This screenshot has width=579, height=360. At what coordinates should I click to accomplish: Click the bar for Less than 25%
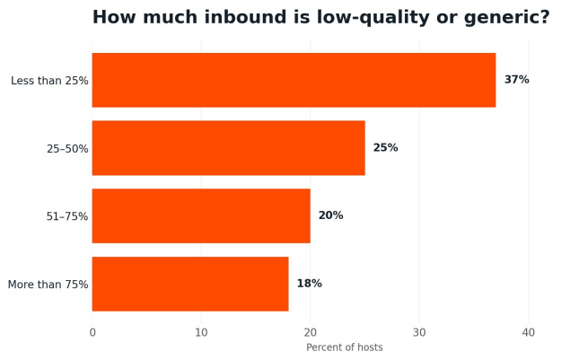click(294, 80)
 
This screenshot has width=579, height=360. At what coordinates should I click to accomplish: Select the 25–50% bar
click(229, 148)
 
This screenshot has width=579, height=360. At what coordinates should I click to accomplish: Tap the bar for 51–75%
click(201, 216)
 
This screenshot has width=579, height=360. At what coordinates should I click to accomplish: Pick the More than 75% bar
click(190, 284)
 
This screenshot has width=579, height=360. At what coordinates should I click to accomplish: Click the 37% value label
click(516, 80)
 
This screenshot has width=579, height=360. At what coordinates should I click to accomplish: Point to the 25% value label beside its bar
click(385, 148)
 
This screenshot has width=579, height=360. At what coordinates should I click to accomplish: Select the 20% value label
click(331, 215)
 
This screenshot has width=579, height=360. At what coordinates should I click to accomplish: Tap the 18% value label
click(310, 284)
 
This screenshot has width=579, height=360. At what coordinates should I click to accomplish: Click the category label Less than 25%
click(49, 81)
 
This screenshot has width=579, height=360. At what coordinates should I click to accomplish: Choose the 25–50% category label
click(67, 149)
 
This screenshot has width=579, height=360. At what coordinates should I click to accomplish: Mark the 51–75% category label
click(67, 216)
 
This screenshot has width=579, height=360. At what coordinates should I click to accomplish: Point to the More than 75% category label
click(48, 285)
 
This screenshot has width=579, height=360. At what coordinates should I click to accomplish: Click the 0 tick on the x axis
click(92, 333)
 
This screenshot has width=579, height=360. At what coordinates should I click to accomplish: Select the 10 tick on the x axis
click(201, 333)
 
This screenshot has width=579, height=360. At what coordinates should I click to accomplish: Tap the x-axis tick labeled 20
click(311, 333)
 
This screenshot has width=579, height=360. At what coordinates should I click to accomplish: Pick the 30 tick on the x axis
click(419, 333)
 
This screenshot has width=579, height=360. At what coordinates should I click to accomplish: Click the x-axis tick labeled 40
click(529, 333)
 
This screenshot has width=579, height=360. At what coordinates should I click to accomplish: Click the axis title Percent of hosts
click(345, 347)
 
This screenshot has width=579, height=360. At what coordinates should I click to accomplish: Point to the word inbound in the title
click(245, 17)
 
